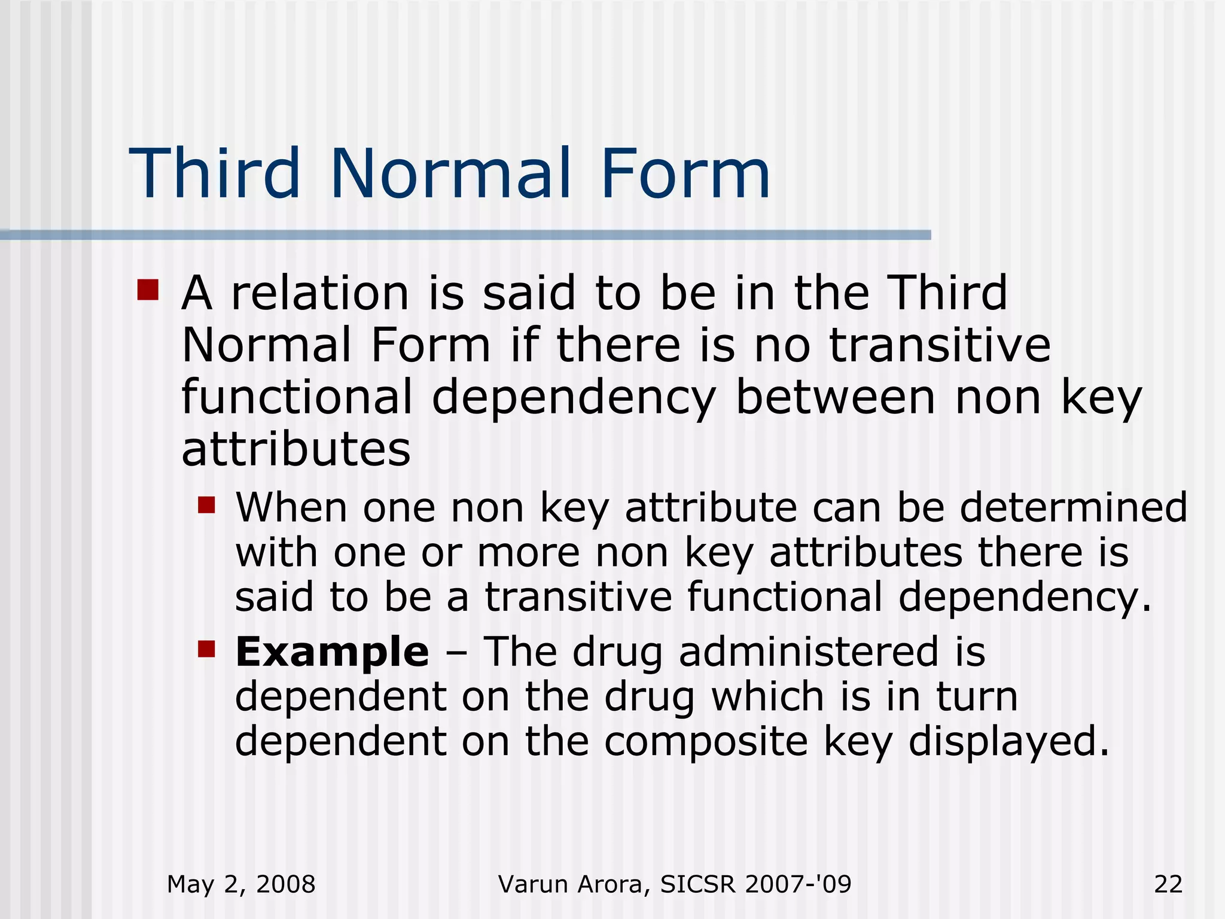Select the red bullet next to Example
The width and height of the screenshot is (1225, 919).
[206, 649]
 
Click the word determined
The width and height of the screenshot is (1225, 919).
[1073, 507]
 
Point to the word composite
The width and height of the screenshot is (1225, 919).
[706, 742]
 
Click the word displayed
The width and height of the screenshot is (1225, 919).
[1008, 742]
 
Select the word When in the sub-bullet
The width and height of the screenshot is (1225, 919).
[291, 507]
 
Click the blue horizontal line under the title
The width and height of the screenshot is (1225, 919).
[465, 235]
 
